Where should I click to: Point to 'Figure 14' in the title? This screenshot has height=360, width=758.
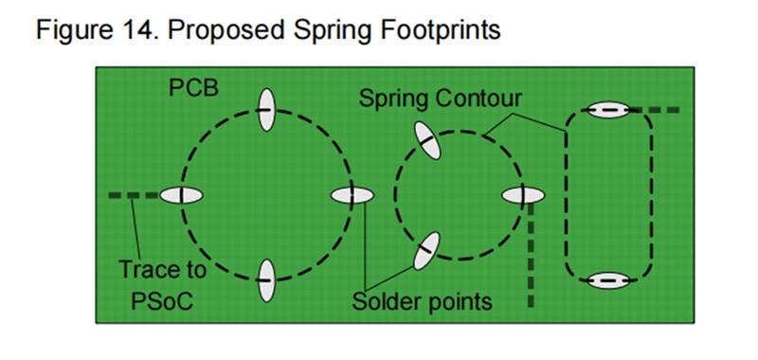tap(92, 29)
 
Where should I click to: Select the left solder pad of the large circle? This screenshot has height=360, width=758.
tap(182, 195)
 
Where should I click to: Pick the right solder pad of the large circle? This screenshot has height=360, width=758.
tap(352, 195)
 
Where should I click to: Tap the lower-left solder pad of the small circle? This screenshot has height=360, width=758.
tap(425, 250)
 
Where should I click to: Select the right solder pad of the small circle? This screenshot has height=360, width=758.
tap(523, 195)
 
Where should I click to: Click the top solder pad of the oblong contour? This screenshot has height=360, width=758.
tap(608, 111)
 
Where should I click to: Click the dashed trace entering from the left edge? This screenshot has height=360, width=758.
tap(129, 195)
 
